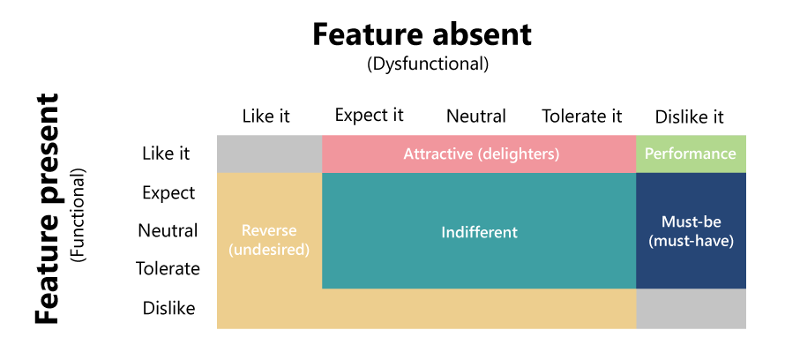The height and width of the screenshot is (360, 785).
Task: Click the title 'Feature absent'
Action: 422,34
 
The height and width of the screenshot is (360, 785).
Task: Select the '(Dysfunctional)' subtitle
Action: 427,64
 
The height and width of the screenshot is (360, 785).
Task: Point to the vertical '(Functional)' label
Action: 79,214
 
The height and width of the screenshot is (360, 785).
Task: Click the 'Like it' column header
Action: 265,116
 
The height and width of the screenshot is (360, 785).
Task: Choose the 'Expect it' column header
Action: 369,115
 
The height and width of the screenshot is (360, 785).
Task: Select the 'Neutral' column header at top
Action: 475,116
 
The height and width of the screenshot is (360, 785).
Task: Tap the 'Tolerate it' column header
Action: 581,116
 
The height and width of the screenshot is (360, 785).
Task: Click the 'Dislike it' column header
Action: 689,116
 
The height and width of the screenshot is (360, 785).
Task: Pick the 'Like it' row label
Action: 166,154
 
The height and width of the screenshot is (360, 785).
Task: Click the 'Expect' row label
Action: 168,192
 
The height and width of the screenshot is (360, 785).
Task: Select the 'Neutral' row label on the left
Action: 168,231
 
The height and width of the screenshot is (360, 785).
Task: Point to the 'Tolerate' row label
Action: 168,269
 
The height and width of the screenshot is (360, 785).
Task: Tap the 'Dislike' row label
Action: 168,308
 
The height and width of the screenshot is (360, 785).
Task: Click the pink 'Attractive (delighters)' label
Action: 481,154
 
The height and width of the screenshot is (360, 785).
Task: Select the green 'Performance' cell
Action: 690,154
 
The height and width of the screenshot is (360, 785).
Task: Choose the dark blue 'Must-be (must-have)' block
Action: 691,231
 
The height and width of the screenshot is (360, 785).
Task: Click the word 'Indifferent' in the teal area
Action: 479,232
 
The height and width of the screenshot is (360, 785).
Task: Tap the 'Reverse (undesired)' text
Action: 269,240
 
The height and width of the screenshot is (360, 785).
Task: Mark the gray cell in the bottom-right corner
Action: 691,309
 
